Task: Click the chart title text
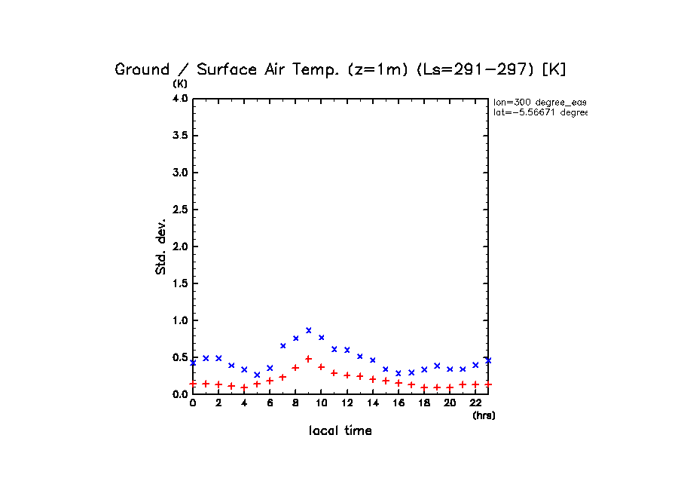point(340,69)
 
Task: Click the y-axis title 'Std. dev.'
point(161,246)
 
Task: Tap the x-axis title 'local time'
point(340,431)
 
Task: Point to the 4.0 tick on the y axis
point(179,99)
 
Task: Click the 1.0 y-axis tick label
point(179,320)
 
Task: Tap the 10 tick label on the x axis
point(321,403)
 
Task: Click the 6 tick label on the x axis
point(270,403)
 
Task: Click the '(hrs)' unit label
point(484,415)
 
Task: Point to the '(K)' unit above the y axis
point(181,84)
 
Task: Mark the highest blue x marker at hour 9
point(308,330)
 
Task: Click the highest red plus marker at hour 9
point(308,359)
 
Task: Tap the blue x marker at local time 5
point(257,375)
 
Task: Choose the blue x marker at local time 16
point(398,373)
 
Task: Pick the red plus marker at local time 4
point(244,387)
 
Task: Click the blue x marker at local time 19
point(436,366)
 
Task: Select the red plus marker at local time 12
point(347,375)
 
